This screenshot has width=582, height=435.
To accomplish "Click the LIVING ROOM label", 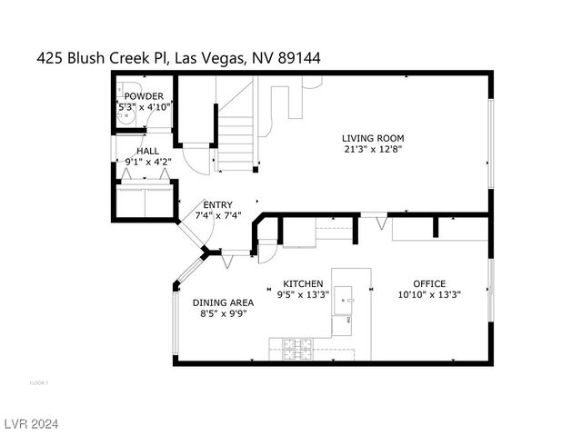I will (x=373, y=139).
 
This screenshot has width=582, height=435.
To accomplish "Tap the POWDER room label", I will (x=144, y=96).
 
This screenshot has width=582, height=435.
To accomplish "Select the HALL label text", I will (x=148, y=151).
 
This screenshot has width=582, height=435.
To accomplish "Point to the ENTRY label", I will (x=217, y=205).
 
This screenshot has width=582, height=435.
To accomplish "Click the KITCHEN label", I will (x=304, y=283).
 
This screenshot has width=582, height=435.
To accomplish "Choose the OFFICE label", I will (x=429, y=283).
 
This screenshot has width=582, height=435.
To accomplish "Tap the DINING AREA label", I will (x=223, y=302).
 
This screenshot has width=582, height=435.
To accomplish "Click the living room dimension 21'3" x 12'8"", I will (x=373, y=150).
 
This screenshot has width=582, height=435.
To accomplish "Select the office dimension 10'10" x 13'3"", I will (x=429, y=294).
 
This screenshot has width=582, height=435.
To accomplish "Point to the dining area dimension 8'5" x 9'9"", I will (x=223, y=313).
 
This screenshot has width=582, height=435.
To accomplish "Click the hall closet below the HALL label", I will (x=145, y=201).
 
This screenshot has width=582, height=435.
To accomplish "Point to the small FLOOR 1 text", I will (x=39, y=383).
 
